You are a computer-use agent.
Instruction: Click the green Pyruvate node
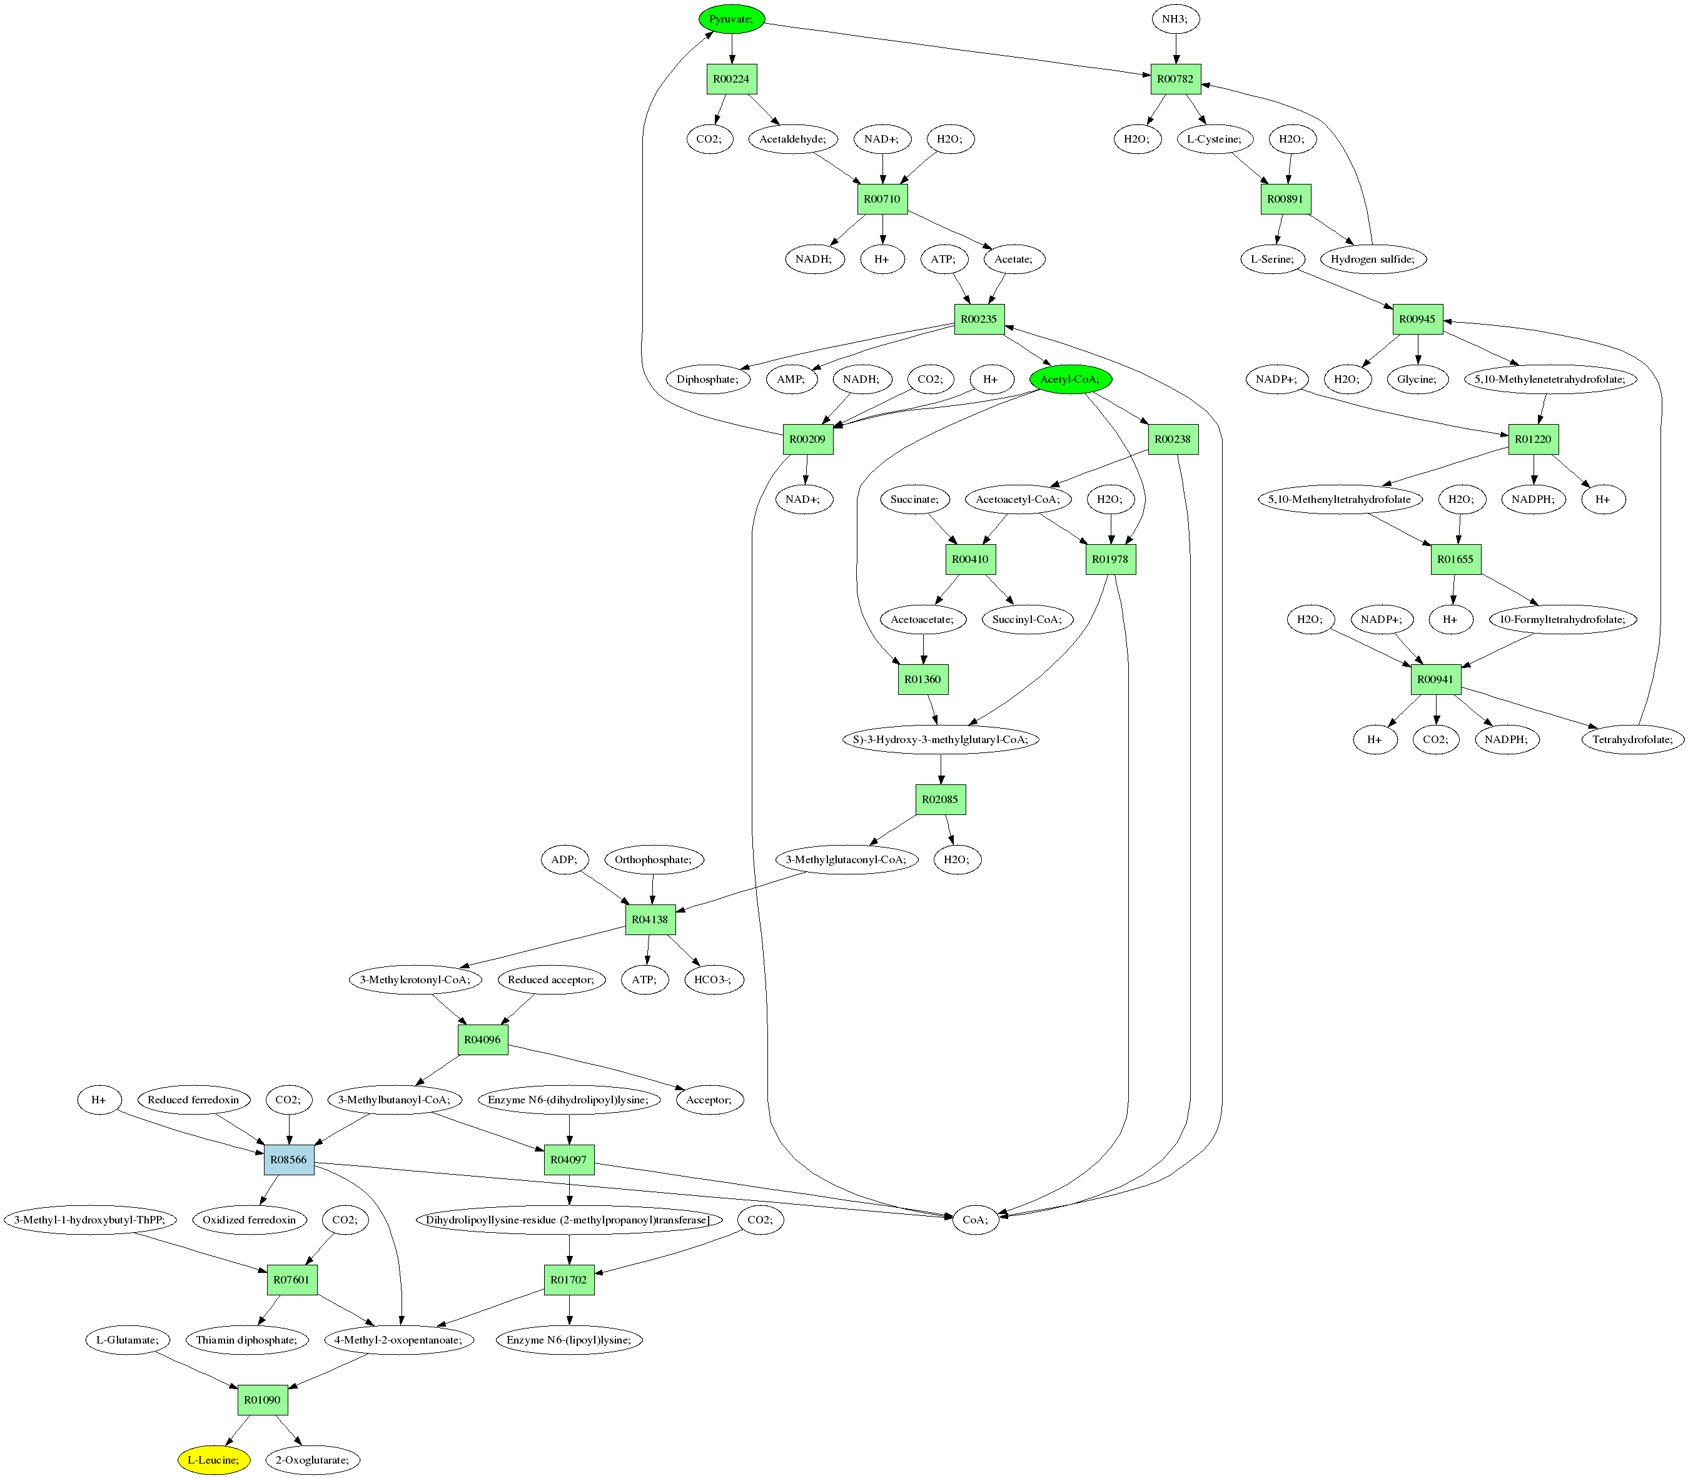click(x=732, y=19)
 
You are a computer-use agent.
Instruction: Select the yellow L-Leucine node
click(x=213, y=1459)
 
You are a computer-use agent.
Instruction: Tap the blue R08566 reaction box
click(x=288, y=1160)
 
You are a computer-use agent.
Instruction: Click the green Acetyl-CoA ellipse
click(x=1070, y=380)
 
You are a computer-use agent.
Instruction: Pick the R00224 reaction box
click(x=732, y=79)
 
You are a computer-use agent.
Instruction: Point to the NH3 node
click(x=1175, y=19)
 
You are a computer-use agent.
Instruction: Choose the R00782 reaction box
click(x=1175, y=79)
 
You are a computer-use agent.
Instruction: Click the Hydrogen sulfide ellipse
click(x=1373, y=259)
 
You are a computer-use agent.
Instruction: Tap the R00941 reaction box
click(x=1436, y=679)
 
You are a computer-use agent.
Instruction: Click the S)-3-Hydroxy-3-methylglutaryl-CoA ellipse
click(x=941, y=739)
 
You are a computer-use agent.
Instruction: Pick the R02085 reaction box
click(x=940, y=799)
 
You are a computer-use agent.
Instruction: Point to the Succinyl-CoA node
click(x=1028, y=619)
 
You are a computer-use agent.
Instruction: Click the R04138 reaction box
click(x=650, y=919)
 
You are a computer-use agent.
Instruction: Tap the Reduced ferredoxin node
click(x=193, y=1100)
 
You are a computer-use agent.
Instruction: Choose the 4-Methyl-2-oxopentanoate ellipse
click(x=399, y=1339)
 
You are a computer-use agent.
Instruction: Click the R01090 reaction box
click(x=262, y=1400)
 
